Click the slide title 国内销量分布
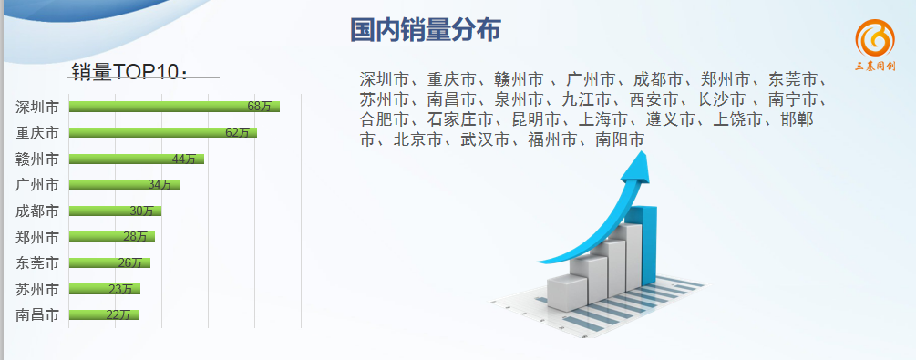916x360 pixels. (x=426, y=30)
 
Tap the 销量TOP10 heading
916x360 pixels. (x=130, y=71)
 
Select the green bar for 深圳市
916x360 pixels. (x=174, y=107)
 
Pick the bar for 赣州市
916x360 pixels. (x=136, y=159)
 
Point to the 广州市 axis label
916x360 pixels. (x=37, y=185)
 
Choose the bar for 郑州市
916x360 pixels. (x=111, y=237)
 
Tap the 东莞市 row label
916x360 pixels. (x=37, y=263)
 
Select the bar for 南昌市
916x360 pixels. (x=103, y=315)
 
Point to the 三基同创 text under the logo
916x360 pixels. (x=875, y=66)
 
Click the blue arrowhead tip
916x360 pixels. (x=642, y=152)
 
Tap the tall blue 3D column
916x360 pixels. (x=648, y=245)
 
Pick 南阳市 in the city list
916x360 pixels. (x=621, y=140)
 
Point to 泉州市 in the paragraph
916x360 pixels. (x=519, y=100)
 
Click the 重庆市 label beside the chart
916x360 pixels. (x=37, y=133)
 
